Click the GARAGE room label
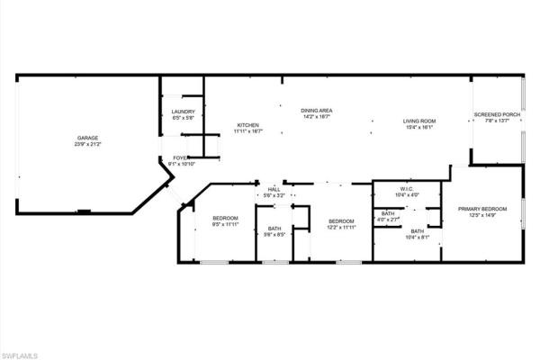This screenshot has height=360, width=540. point(87,138)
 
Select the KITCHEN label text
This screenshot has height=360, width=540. point(248,124)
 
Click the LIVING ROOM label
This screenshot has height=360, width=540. point(418,121)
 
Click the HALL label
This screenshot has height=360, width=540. point(274,189)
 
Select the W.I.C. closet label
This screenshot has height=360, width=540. point(405,189)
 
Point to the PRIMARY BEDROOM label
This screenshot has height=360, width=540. point(481,209)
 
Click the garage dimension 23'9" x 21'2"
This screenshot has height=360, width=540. point(87,144)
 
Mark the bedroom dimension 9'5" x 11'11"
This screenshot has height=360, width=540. point(225,225)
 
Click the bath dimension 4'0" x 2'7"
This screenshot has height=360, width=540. point(388,220)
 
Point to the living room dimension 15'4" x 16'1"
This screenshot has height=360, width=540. point(418,127)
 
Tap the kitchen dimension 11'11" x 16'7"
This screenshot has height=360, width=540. point(248,130)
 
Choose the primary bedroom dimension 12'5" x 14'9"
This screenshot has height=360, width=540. point(481,215)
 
